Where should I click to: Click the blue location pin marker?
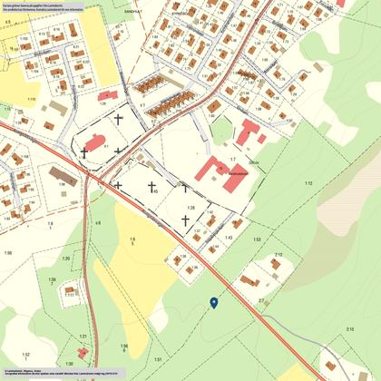[x=213, y=302]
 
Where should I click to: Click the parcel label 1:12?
[x=308, y=184]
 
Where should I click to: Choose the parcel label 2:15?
[x=349, y=328]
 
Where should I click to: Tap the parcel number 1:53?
[x=257, y=239]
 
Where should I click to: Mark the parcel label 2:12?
[x=278, y=256]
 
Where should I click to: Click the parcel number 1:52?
[x=26, y=354]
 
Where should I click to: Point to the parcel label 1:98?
[x=7, y=252]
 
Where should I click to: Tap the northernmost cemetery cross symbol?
[x=119, y=118]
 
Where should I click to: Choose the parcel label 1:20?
[x=190, y=208]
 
